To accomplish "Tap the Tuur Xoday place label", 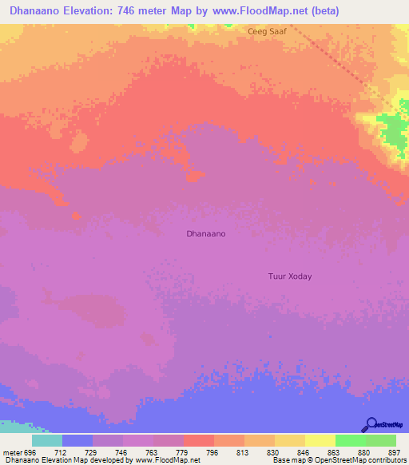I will [x=289, y=276].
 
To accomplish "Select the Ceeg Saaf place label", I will [x=267, y=31].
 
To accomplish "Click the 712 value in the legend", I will [x=77, y=451].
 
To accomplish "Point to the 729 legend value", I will [x=108, y=451].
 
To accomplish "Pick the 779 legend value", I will [x=169, y=451].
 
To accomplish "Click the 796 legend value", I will [x=199, y=451].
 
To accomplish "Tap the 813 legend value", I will [x=229, y=451].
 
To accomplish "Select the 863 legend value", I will [x=320, y=451].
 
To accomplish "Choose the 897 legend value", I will [x=380, y=451].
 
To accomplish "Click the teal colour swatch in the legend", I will [x=47, y=440].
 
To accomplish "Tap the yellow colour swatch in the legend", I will [x=320, y=440].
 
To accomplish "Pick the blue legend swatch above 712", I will [x=77, y=440].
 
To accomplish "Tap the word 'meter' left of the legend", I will [x=14, y=451].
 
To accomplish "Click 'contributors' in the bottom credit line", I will [x=387, y=460].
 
